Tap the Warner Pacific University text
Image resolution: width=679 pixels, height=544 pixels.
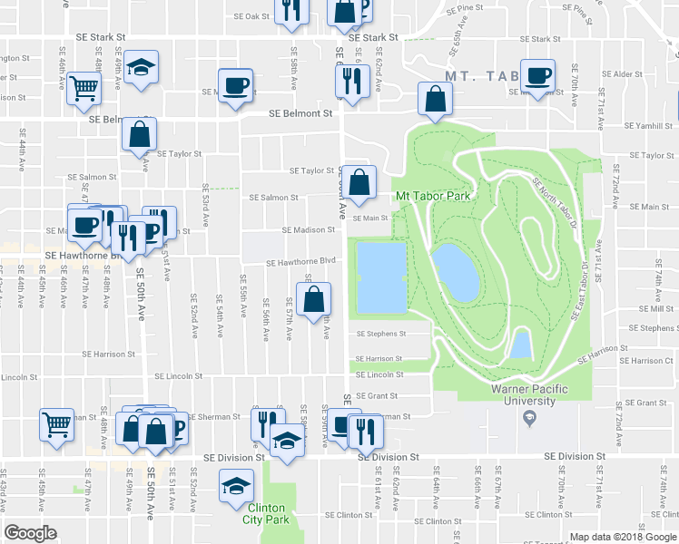pyautogui.click(x=536, y=395)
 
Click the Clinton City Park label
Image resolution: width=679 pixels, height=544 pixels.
pyautogui.click(x=264, y=514)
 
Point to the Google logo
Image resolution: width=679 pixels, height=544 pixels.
pyautogui.click(x=31, y=533)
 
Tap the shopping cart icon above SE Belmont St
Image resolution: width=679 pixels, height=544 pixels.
pyautogui.click(x=84, y=88)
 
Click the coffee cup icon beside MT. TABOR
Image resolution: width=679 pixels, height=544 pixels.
pyautogui.click(x=538, y=75)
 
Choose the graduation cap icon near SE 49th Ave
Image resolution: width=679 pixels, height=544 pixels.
pyautogui.click(x=141, y=69)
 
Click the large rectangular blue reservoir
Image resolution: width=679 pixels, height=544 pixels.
pyautogui.click(x=381, y=276)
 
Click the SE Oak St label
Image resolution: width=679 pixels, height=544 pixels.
pyautogui.click(x=251, y=16)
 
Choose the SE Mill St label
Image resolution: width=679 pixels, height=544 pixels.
pyautogui.click(x=656, y=308)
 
